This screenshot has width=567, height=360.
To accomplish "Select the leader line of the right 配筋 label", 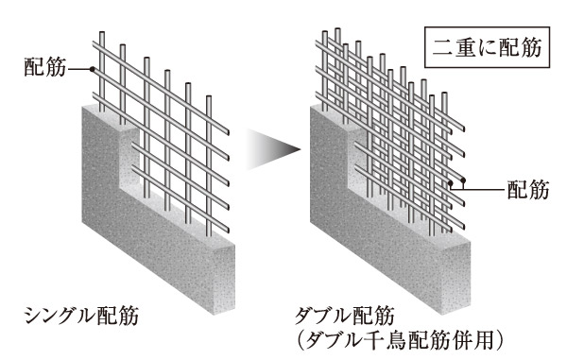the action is pos(477,189).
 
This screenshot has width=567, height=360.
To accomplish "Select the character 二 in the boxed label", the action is pos(446,48).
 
